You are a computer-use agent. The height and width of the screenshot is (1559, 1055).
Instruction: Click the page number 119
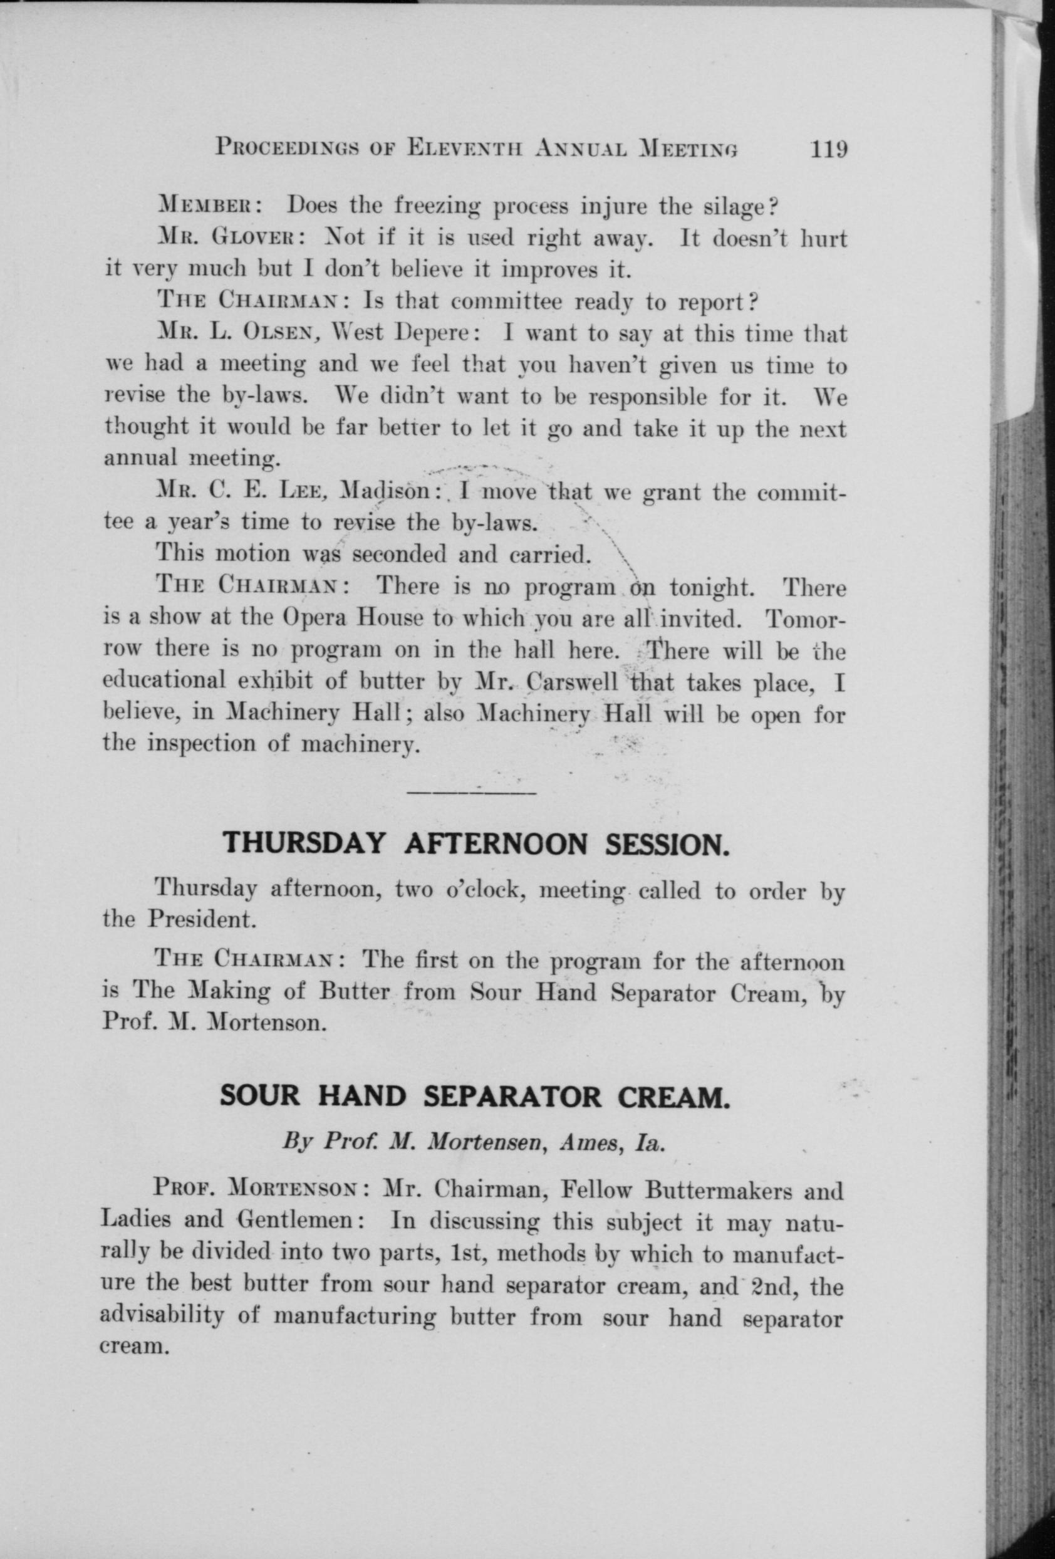coord(829,148)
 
